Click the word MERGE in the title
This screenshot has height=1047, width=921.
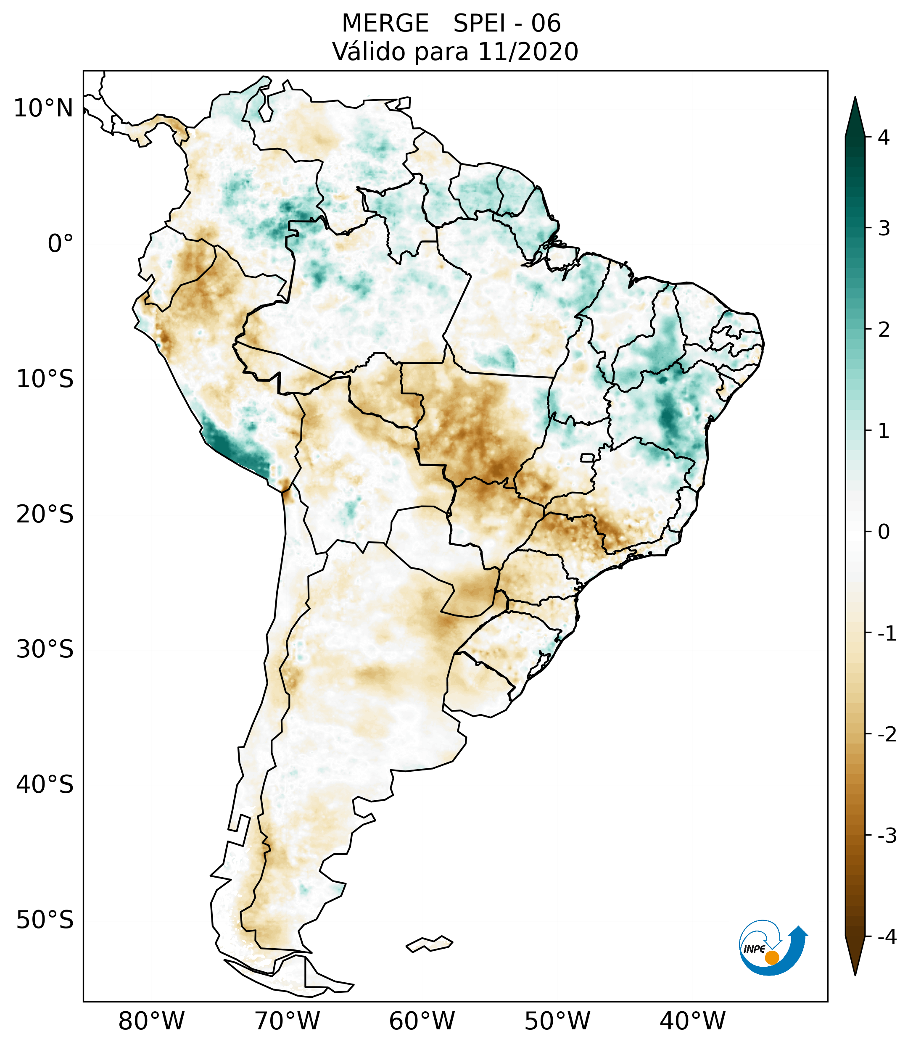tap(385, 24)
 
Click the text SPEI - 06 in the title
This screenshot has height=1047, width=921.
tap(507, 24)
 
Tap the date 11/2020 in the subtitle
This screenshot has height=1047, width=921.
tap(528, 52)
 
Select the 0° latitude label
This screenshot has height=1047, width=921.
tap(61, 244)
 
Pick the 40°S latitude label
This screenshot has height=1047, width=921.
tap(45, 784)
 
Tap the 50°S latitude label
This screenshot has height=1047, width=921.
tap(45, 920)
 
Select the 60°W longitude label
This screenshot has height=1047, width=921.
tap(422, 1021)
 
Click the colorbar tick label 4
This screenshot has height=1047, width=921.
tap(884, 137)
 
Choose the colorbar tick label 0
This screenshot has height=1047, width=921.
tap(884, 532)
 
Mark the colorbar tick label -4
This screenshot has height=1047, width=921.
tap(887, 937)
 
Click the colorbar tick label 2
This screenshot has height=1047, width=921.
tap(884, 330)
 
